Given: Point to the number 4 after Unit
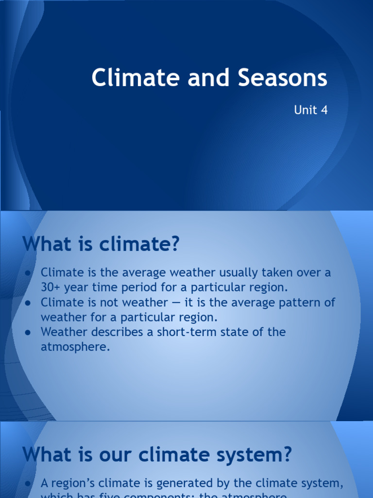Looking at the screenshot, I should pyautogui.click(x=324, y=110).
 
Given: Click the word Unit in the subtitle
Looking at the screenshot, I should pyautogui.click(x=305, y=110).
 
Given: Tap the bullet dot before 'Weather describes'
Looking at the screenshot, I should pyautogui.click(x=28, y=332).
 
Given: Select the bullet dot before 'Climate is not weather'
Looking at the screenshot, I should pyautogui.click(x=28, y=302).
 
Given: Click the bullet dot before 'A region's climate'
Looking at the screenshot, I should pyautogui.click(x=28, y=483).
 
